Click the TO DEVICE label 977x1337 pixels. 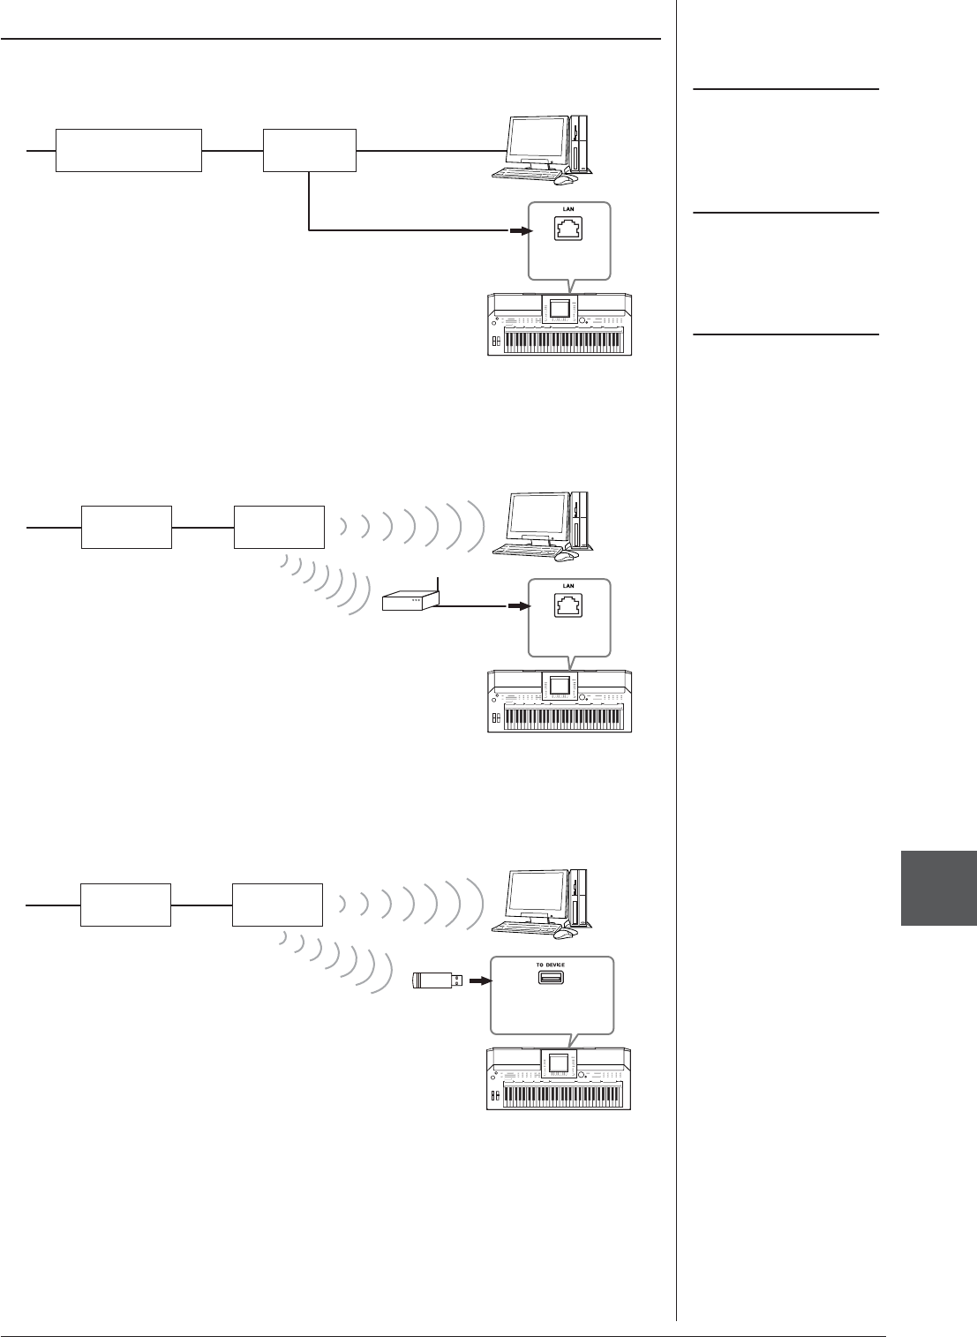click(x=550, y=965)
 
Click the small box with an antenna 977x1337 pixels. click(x=410, y=601)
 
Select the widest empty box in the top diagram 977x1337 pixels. click(x=129, y=150)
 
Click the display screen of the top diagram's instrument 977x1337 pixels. click(x=559, y=309)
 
